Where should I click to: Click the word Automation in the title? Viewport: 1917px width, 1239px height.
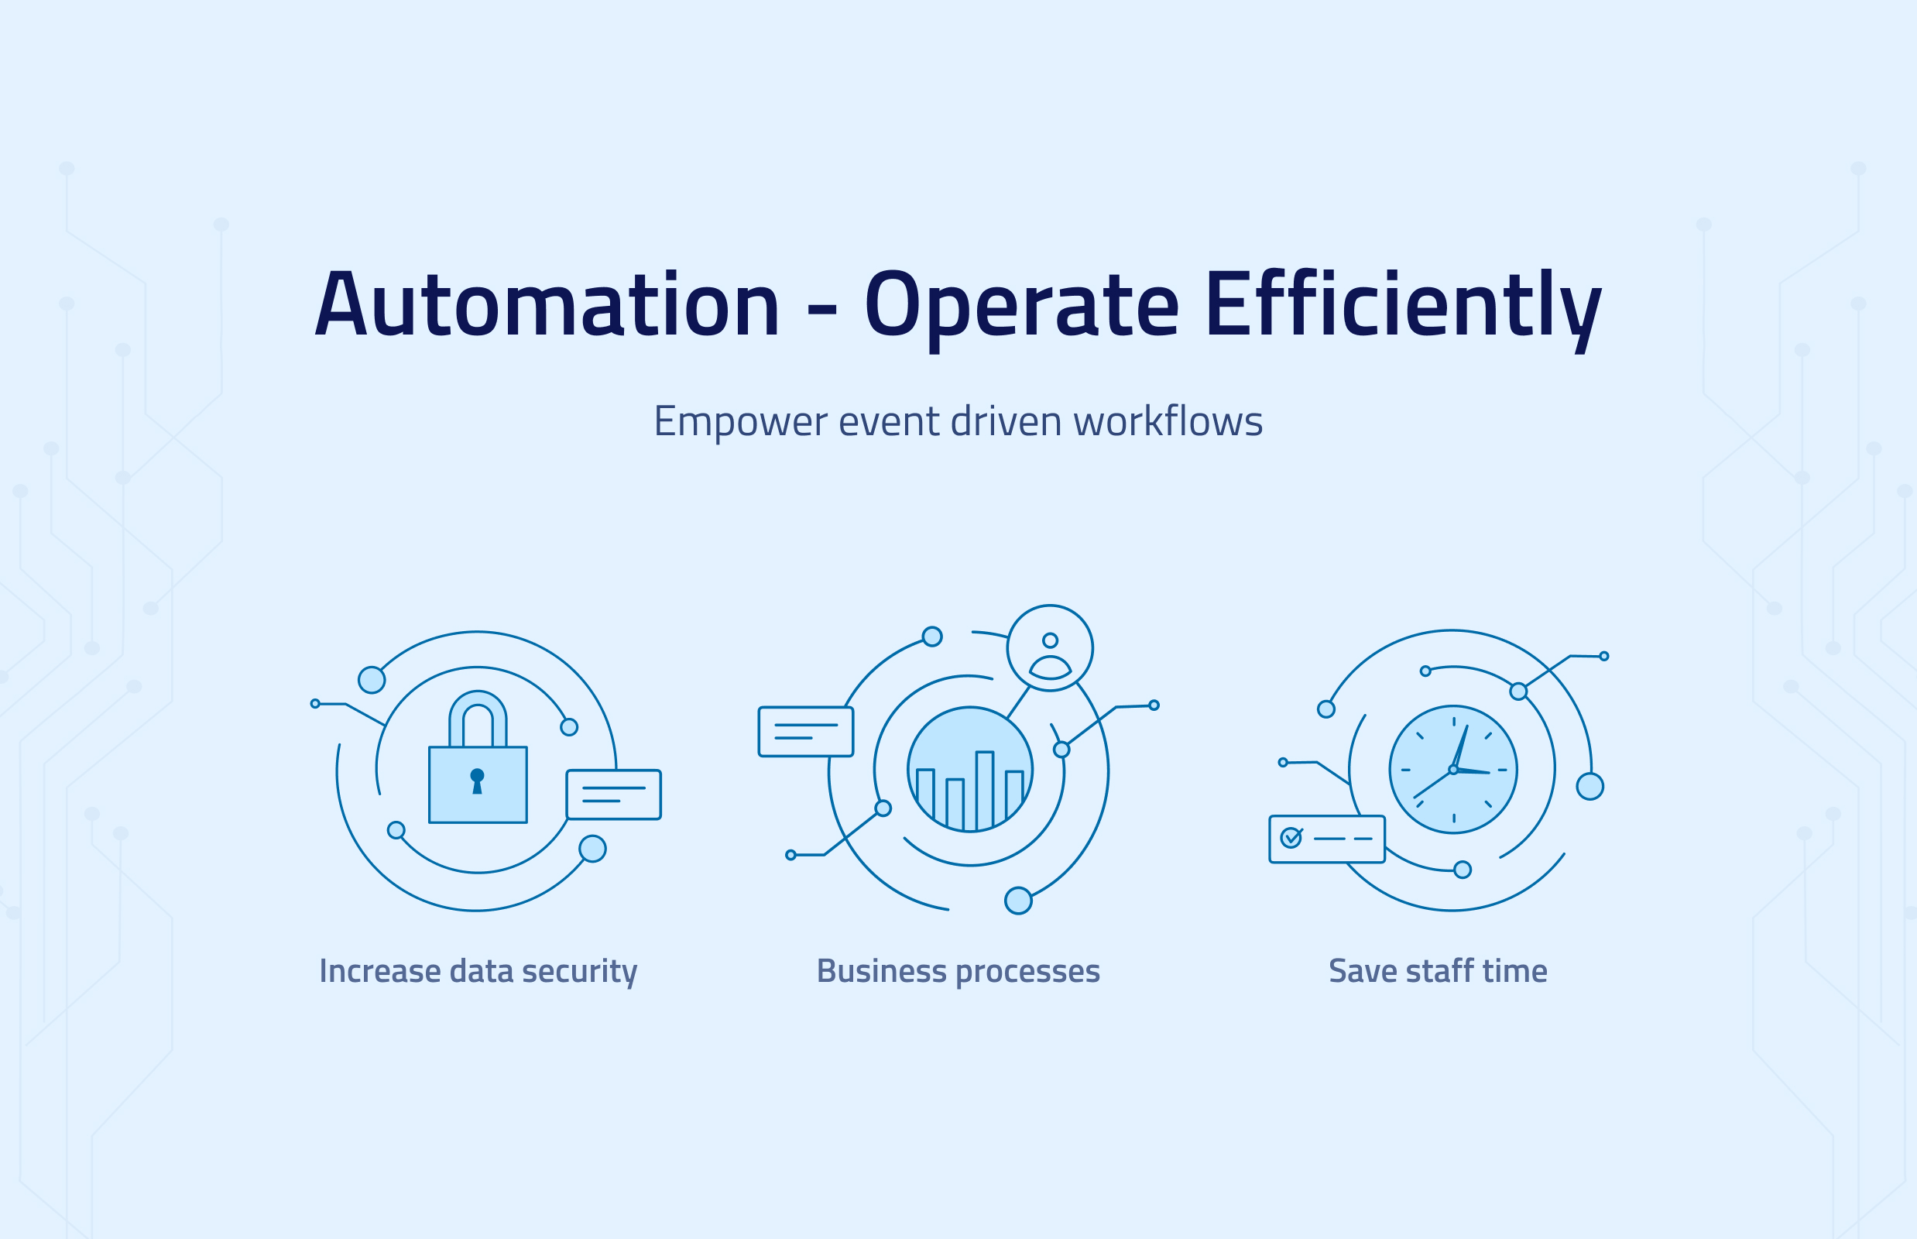[x=547, y=304]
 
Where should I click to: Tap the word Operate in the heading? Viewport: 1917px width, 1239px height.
[x=1021, y=304]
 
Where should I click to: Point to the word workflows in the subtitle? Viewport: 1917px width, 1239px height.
[x=1168, y=421]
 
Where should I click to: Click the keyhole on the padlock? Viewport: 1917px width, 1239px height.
[x=477, y=779]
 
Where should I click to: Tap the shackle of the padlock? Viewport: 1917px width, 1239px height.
[x=478, y=716]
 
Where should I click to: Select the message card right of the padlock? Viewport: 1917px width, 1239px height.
[x=614, y=795]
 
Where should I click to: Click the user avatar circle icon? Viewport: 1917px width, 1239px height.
[x=1050, y=648]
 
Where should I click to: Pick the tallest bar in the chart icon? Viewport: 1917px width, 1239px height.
[x=985, y=790]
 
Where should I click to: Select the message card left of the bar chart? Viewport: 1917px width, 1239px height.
[x=805, y=731]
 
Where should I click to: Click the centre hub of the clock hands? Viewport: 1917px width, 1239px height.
[x=1452, y=770]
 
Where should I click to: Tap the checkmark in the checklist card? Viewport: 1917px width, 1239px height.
[x=1291, y=838]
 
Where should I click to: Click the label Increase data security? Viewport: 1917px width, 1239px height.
[x=478, y=971]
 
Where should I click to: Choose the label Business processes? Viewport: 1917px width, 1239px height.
[x=958, y=971]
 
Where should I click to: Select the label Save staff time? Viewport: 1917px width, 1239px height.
[x=1438, y=971]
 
